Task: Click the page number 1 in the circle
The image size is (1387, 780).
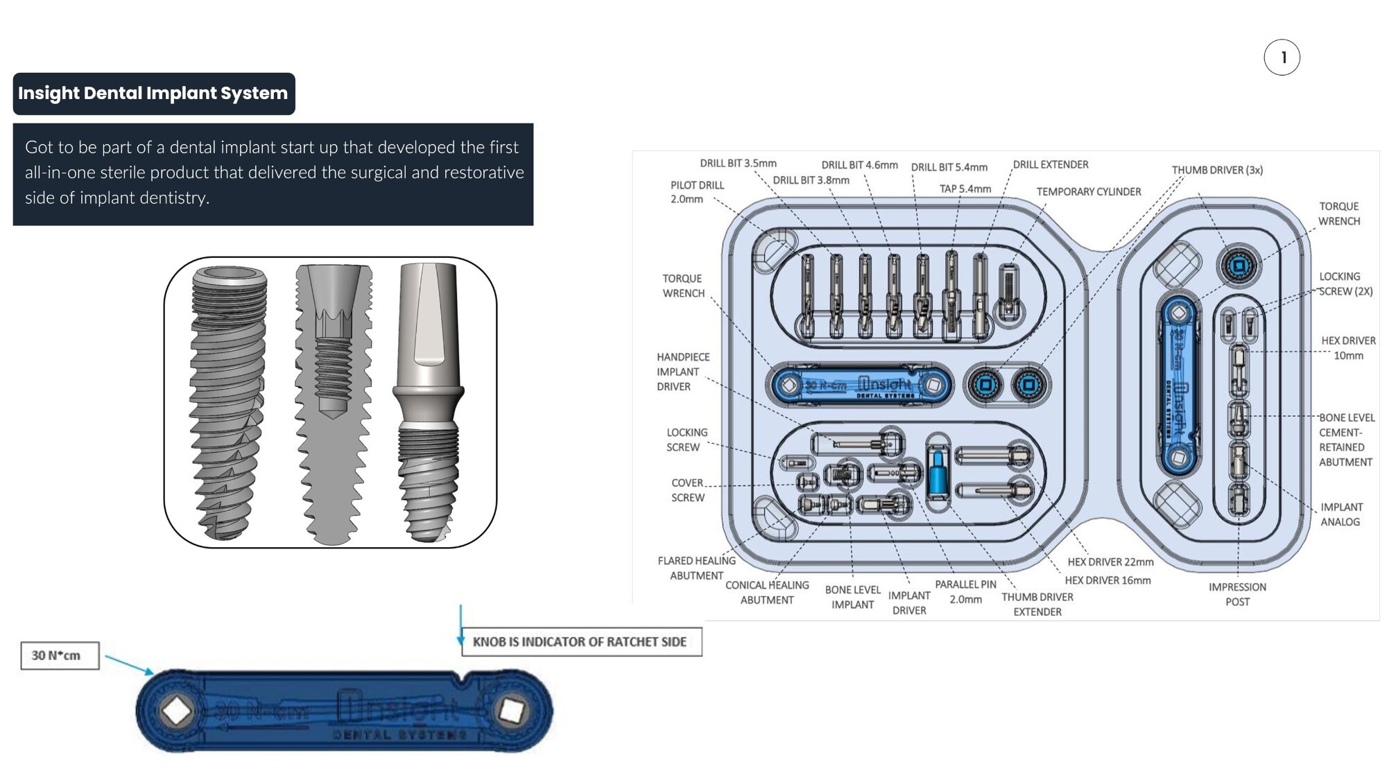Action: [1282, 58]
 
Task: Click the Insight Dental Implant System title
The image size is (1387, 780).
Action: [153, 94]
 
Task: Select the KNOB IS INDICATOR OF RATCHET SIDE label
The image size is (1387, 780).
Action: [580, 642]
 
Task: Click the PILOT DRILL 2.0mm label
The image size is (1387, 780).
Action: [696, 192]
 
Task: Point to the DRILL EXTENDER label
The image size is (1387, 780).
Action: [1050, 165]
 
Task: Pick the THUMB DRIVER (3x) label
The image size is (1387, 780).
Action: [1217, 171]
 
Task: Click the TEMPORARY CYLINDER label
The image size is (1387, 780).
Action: [1088, 192]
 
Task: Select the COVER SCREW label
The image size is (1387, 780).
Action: [687, 490]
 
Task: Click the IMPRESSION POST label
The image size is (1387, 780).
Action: [1237, 594]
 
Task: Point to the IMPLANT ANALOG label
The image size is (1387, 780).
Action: [1341, 514]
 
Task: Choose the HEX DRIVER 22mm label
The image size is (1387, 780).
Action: [1110, 562]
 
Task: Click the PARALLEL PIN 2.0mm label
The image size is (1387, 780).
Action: [965, 592]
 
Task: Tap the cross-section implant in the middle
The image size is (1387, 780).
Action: [333, 402]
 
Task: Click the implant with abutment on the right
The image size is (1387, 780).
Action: [428, 402]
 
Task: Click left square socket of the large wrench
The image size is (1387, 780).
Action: [176, 711]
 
